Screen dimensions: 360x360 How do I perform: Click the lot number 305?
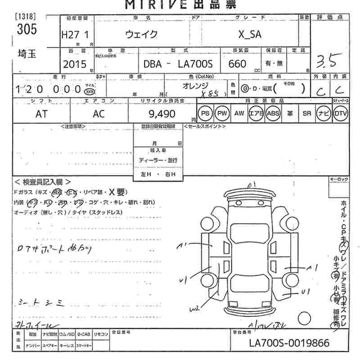click(x=27, y=30)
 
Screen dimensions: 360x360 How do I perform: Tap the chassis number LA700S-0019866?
click(x=289, y=343)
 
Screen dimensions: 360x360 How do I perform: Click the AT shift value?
click(x=41, y=114)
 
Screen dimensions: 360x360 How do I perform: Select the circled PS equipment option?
click(x=205, y=114)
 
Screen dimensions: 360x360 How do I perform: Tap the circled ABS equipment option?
click(x=273, y=114)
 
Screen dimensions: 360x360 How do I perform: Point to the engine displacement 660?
click(x=237, y=64)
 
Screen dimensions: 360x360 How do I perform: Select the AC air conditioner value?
click(x=99, y=114)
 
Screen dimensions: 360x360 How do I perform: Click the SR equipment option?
click(x=307, y=114)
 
